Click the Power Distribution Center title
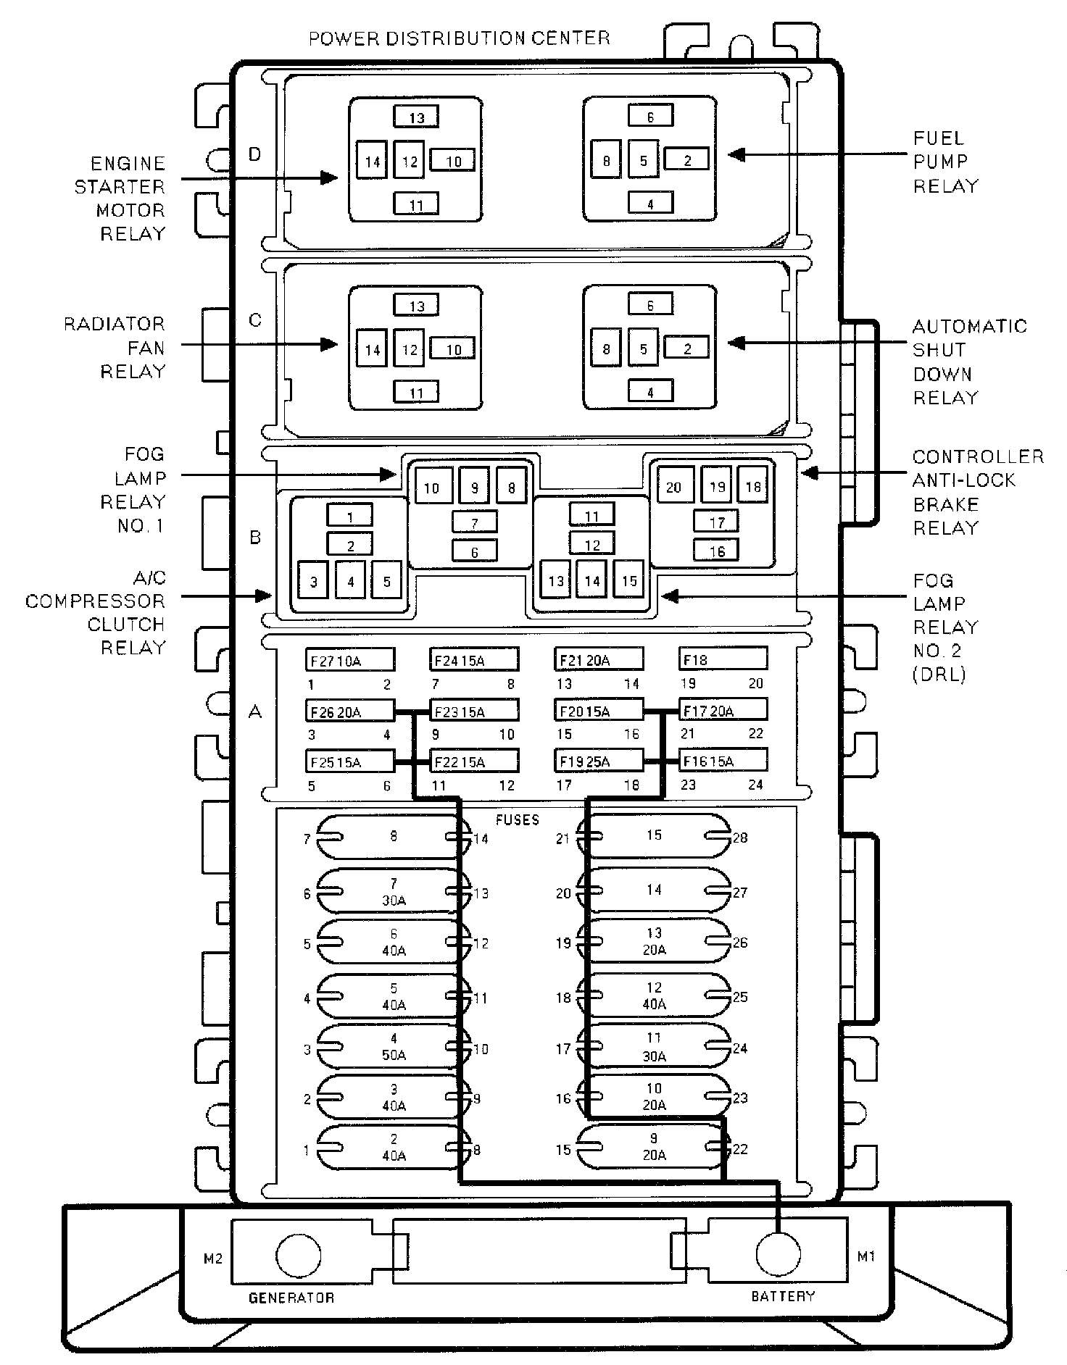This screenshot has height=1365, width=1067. coord(459,38)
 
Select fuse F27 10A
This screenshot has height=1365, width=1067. coord(349,660)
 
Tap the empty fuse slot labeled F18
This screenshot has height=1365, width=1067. coord(723,659)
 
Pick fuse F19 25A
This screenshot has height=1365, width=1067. coord(599,761)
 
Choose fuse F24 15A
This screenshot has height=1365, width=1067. coord(474,660)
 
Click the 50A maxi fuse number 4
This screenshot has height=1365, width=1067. coord(394,1046)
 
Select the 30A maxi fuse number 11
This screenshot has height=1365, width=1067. coord(654,1047)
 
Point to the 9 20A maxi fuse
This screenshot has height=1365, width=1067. coord(654,1147)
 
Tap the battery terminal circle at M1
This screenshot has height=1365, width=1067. coord(778,1253)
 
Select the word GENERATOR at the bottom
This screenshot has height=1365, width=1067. coord(291,1298)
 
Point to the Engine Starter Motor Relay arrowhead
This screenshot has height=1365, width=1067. coord(330,178)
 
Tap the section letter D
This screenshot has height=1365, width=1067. coord(254,154)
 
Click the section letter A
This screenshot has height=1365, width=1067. coord(254,712)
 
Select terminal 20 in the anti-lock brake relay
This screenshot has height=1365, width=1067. coord(673,487)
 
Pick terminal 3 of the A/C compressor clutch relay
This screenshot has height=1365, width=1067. coord(313,582)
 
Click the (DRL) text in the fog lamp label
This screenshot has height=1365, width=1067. coord(939,674)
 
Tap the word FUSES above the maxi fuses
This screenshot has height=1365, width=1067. coord(518,819)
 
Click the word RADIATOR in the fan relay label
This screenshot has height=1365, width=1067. coord(115,324)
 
